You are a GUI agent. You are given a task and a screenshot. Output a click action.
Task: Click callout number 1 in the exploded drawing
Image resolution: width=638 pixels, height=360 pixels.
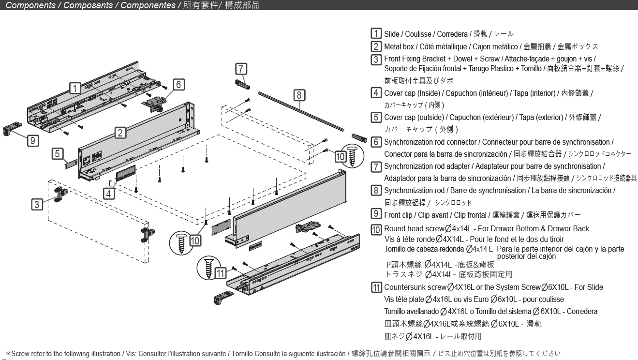coord(74,88)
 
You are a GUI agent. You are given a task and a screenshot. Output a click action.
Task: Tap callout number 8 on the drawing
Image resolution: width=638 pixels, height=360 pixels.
coord(299,94)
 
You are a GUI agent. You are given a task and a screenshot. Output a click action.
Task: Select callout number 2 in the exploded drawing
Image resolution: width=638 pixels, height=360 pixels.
coord(120,131)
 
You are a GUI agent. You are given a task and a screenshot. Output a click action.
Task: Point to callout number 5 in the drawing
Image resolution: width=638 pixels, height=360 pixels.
coord(57,154)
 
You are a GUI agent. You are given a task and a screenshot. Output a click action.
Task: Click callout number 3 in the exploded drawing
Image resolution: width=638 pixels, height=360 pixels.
coord(37,204)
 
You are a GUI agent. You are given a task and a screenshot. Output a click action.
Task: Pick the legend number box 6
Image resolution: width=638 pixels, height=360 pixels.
coord(376,142)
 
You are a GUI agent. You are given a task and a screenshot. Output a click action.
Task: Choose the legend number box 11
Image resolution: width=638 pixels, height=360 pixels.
coord(376,287)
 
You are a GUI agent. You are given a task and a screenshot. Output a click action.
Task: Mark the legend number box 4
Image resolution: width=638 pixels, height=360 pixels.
coord(376,92)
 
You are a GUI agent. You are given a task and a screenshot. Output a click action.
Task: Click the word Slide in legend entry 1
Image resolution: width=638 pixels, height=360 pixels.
coord(392,34)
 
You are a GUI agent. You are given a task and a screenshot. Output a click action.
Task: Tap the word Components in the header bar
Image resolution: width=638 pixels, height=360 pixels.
coord(31,5)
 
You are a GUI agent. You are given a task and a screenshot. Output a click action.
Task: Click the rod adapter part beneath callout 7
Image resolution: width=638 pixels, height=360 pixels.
coord(241,86)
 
